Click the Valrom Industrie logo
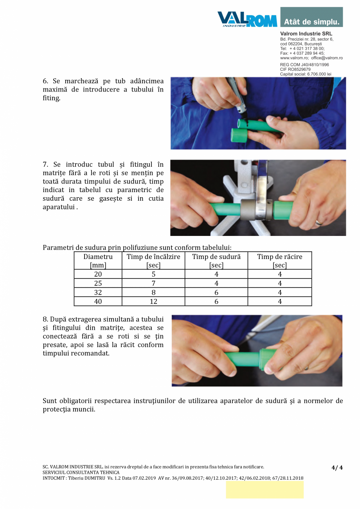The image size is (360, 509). tap(247, 19)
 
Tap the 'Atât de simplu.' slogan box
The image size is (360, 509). tap(311, 17)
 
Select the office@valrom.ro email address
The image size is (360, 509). tap(327, 58)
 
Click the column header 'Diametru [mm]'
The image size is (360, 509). tap(98, 261)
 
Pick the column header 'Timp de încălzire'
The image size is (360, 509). tap(153, 257)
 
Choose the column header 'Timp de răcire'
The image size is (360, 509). tap(279, 257)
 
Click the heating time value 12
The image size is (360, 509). tap(153, 302)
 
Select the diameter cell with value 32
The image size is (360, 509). tap(98, 293)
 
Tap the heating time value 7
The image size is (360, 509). tap(153, 284)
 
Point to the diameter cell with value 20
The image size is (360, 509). tap(98, 275)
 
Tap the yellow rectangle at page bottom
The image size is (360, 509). tap(265, 490)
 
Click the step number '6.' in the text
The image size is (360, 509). tap(45, 81)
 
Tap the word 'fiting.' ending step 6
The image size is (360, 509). tap(52, 98)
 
